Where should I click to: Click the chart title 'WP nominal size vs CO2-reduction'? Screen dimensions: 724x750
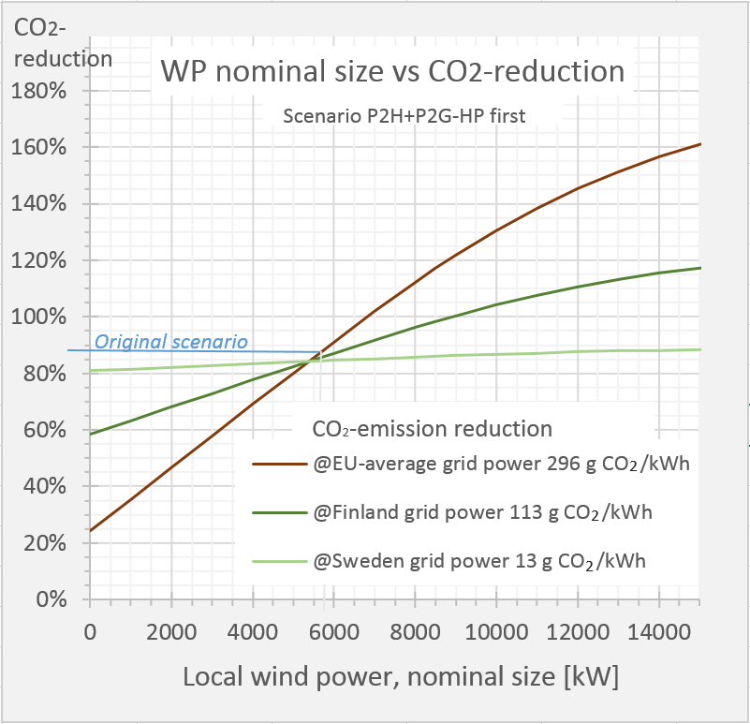(391, 71)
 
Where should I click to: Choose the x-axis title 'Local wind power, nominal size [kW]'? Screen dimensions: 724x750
(401, 676)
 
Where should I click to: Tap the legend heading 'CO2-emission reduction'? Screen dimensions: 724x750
(431, 429)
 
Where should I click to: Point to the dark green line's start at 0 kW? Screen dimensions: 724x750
(91, 434)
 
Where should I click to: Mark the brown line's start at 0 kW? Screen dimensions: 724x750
(91, 530)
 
